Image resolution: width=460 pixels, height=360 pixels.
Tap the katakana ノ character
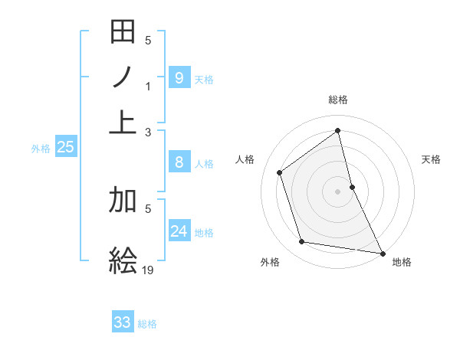[x=123, y=77]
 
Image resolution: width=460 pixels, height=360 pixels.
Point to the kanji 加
[x=123, y=200]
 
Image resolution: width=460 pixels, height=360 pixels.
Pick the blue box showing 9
[x=179, y=77]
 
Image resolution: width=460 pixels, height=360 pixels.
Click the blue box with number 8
[x=179, y=162]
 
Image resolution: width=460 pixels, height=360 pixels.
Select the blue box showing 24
[x=179, y=231]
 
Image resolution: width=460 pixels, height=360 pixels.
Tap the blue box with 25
[x=65, y=146]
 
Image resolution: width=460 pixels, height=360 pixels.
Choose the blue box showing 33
[x=123, y=322]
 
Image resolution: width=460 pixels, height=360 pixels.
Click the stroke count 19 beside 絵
[x=149, y=270]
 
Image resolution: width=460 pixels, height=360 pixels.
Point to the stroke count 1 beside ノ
[x=149, y=87]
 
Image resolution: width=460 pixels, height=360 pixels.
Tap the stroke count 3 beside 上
[x=149, y=133]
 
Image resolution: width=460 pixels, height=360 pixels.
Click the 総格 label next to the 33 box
[x=147, y=324]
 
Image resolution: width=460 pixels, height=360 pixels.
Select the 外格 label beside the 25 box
[x=40, y=149]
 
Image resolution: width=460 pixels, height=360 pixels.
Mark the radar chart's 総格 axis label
[x=338, y=100]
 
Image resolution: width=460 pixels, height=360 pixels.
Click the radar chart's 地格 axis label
[x=402, y=262]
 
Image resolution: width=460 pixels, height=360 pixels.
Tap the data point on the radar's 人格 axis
[x=280, y=172]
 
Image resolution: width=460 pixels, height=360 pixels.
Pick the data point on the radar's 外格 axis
[x=302, y=242]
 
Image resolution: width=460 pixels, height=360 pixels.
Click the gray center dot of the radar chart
[x=338, y=191]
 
